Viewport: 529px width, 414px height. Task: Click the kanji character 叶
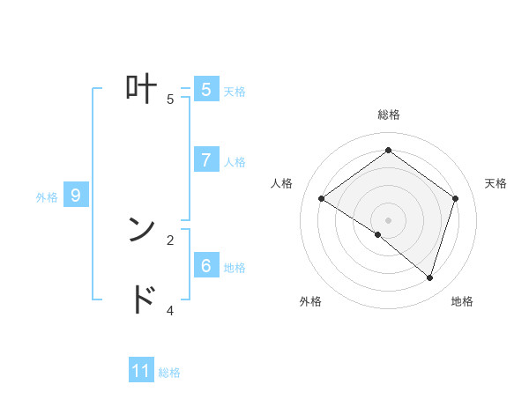140,88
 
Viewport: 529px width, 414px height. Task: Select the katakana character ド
141,299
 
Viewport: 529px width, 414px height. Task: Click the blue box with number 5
205,90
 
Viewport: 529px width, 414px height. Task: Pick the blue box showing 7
205,160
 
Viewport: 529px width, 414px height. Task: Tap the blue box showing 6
205,265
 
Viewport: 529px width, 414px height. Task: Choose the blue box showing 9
76,196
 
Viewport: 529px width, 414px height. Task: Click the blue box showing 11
141,371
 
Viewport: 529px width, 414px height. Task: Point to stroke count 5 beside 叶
170,100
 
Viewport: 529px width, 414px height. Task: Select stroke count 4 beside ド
170,310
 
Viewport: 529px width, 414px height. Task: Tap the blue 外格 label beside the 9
47,197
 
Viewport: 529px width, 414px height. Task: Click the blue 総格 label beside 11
169,373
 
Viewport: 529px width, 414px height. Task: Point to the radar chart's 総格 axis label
388,115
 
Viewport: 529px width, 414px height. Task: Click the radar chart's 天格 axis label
495,183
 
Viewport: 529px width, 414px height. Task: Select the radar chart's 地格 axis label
462,301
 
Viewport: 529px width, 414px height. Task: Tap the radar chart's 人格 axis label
281,183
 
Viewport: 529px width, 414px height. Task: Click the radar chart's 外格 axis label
310,301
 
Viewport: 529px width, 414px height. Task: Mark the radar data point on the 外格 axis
378,234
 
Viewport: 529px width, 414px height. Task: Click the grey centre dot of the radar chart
388,220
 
